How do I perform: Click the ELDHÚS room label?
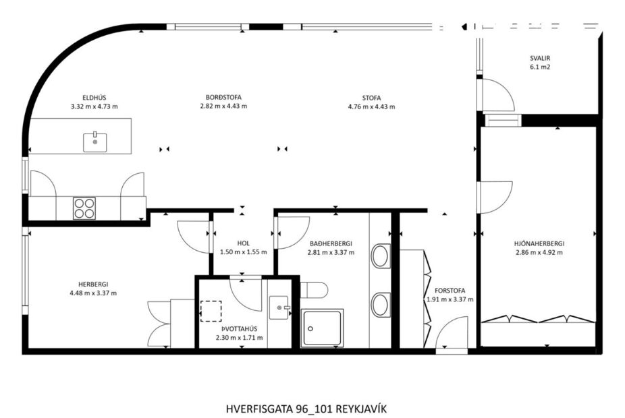pyautogui.click(x=94, y=96)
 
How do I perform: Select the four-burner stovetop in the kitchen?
pyautogui.click(x=84, y=207)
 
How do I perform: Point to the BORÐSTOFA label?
pyautogui.click(x=223, y=96)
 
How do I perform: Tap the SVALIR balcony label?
pyautogui.click(x=540, y=57)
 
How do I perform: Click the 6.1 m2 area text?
pyautogui.click(x=540, y=67)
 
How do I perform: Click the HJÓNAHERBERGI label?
pyautogui.click(x=539, y=243)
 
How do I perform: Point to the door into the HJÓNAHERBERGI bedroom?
pyautogui.click(x=495, y=197)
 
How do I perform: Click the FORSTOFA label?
pyautogui.click(x=450, y=291)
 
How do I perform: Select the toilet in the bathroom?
pyautogui.click(x=314, y=290)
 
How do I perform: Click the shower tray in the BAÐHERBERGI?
pyautogui.click(x=322, y=328)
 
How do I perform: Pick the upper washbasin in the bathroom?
pyautogui.click(x=381, y=256)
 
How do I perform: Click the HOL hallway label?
pyautogui.click(x=243, y=243)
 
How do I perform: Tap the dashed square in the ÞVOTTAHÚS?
pyautogui.click(x=211, y=311)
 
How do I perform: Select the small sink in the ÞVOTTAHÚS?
pyautogui.click(x=279, y=309)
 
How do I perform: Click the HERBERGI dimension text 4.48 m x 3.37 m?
pyautogui.click(x=93, y=293)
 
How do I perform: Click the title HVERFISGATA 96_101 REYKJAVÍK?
pyautogui.click(x=306, y=409)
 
